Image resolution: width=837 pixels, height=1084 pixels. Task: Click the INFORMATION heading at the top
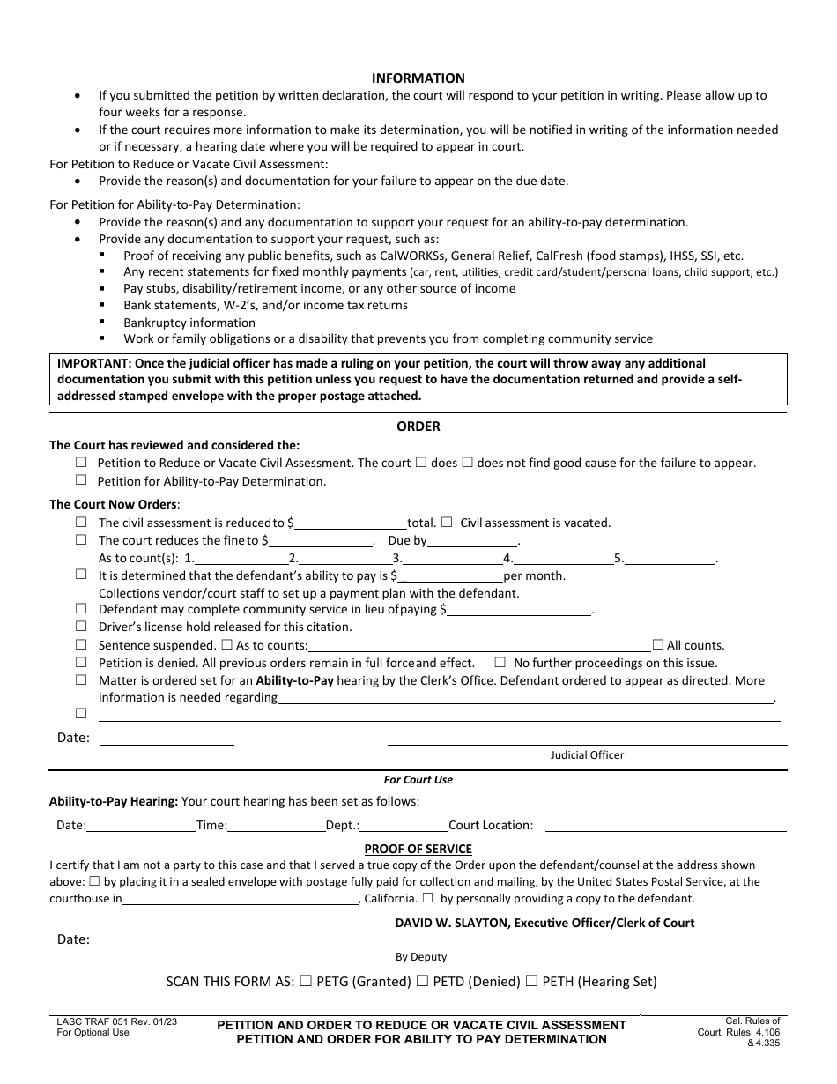pyautogui.click(x=418, y=78)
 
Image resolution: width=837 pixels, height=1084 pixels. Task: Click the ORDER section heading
pyautogui.click(x=418, y=427)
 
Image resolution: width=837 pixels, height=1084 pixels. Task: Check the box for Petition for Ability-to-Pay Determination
pyautogui.click(x=81, y=480)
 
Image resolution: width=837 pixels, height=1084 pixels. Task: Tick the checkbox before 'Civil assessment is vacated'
pyautogui.click(x=447, y=522)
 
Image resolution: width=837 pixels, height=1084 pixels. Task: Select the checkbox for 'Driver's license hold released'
pyautogui.click(x=81, y=627)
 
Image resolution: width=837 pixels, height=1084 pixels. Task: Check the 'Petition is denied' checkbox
pyautogui.click(x=81, y=662)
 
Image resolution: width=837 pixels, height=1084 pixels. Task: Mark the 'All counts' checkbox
pyautogui.click(x=657, y=644)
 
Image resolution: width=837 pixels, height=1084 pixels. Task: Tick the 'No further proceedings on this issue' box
pyautogui.click(x=500, y=662)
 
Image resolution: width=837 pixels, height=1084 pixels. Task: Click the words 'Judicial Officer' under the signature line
pyautogui.click(x=587, y=755)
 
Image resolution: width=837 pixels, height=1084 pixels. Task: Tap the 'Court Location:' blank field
pyautogui.click(x=664, y=826)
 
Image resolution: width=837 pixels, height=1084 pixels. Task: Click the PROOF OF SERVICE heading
pyautogui.click(x=418, y=849)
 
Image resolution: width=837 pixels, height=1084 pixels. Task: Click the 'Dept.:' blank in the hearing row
pyautogui.click(x=404, y=826)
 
